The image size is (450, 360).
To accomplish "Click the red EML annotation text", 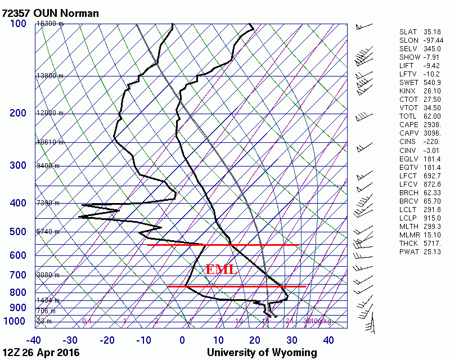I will [x=221, y=269].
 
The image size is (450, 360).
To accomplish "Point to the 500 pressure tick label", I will [x=18, y=232].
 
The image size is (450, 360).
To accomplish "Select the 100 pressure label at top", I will [x=18, y=24].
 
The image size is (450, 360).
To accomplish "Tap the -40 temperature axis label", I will [x=33, y=340].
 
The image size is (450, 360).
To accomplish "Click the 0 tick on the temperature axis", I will [x=182, y=340].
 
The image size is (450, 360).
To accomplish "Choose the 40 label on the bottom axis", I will [x=328, y=340].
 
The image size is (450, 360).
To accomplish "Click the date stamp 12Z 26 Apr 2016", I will [x=40, y=353].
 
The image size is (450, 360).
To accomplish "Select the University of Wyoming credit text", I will [x=262, y=353].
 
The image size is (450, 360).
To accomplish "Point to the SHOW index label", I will [x=409, y=57].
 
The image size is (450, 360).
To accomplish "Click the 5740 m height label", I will [x=48, y=232].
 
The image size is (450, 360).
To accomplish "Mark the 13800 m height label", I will [x=49, y=75].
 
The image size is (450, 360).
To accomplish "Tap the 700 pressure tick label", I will [x=18, y=275].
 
